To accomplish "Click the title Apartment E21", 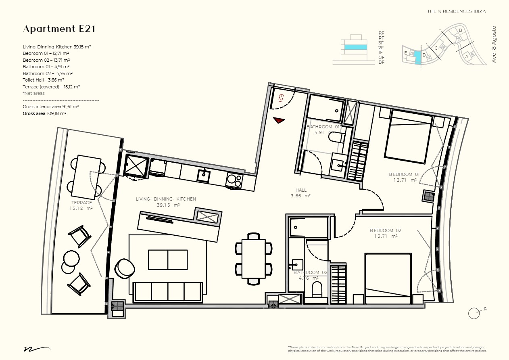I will [59, 29].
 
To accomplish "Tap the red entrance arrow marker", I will [278, 120].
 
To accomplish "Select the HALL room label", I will [301, 190].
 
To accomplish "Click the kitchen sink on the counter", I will [203, 176].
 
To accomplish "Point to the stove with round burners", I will [234, 180].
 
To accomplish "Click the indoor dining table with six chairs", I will [253, 259].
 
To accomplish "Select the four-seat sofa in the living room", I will [168, 291].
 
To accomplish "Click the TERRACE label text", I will [82, 203].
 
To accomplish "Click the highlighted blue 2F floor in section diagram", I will [355, 47].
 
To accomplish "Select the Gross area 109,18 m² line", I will [45, 114].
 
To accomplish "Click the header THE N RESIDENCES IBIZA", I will [456, 11].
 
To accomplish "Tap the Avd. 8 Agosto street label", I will [494, 44].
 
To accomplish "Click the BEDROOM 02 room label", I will [386, 230].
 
